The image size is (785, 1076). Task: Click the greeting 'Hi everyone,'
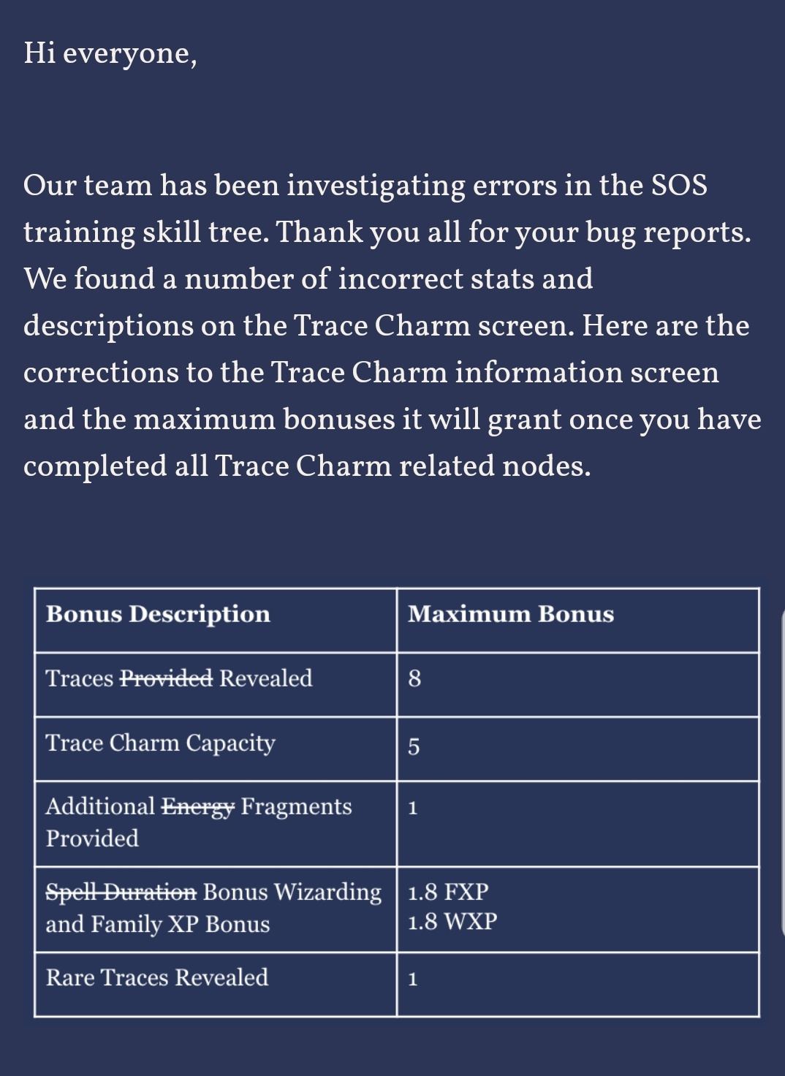coord(110,53)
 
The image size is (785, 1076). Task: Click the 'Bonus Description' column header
coord(158,614)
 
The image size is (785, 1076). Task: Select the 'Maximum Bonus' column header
coord(510,614)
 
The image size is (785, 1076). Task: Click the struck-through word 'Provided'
coord(166,678)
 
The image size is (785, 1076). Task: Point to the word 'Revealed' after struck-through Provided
coord(266,678)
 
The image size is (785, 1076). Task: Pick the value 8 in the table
coord(414,679)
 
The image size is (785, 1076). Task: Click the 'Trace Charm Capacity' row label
coord(160,743)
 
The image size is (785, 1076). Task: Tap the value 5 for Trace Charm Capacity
coord(414,746)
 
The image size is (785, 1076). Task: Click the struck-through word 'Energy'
coord(198,806)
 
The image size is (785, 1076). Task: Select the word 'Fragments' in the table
coord(296,806)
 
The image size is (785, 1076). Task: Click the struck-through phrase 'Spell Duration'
coord(121,892)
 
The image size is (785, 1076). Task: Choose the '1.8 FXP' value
coord(448,892)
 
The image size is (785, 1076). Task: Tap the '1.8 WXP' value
coord(452,922)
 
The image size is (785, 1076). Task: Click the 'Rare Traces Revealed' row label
coord(156,977)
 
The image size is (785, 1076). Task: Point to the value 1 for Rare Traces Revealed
coord(413,980)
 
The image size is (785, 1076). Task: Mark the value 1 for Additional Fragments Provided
coord(413,808)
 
